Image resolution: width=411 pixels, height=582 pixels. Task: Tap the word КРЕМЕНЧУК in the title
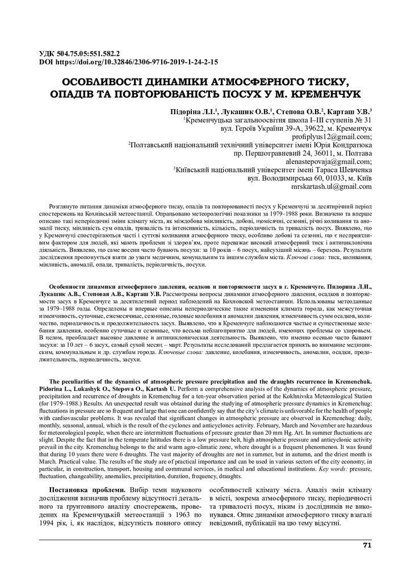coord(323,92)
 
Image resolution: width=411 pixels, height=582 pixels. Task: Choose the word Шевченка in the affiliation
coord(353,169)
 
